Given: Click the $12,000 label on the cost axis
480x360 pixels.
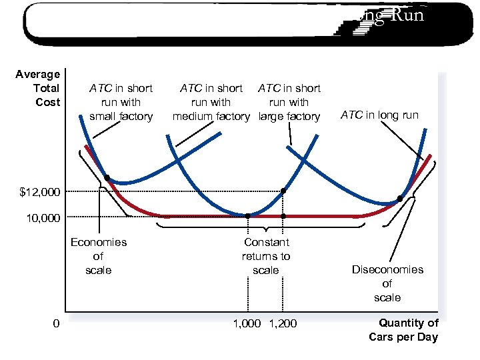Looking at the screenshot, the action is pyautogui.click(x=40, y=193).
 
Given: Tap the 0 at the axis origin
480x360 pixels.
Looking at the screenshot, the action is pyautogui.click(x=57, y=324).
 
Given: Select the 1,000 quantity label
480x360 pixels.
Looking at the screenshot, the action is pyautogui.click(x=247, y=324).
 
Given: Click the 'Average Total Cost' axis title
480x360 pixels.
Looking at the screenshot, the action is pyautogui.click(x=38, y=88).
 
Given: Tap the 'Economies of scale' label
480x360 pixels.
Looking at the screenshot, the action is pyautogui.click(x=99, y=256).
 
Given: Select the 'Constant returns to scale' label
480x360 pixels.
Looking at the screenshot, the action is pyautogui.click(x=266, y=256).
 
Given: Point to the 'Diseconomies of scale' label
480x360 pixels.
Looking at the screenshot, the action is pyautogui.click(x=387, y=283).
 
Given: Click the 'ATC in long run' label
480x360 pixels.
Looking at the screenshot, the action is pyautogui.click(x=379, y=115).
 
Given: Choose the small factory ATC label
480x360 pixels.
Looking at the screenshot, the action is pyautogui.click(x=121, y=102).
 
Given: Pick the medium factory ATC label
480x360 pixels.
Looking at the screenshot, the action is pyautogui.click(x=211, y=102).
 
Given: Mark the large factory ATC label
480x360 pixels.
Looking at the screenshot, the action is pyautogui.click(x=289, y=102).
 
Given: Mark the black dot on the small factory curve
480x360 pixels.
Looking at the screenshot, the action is pyautogui.click(x=107, y=178).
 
